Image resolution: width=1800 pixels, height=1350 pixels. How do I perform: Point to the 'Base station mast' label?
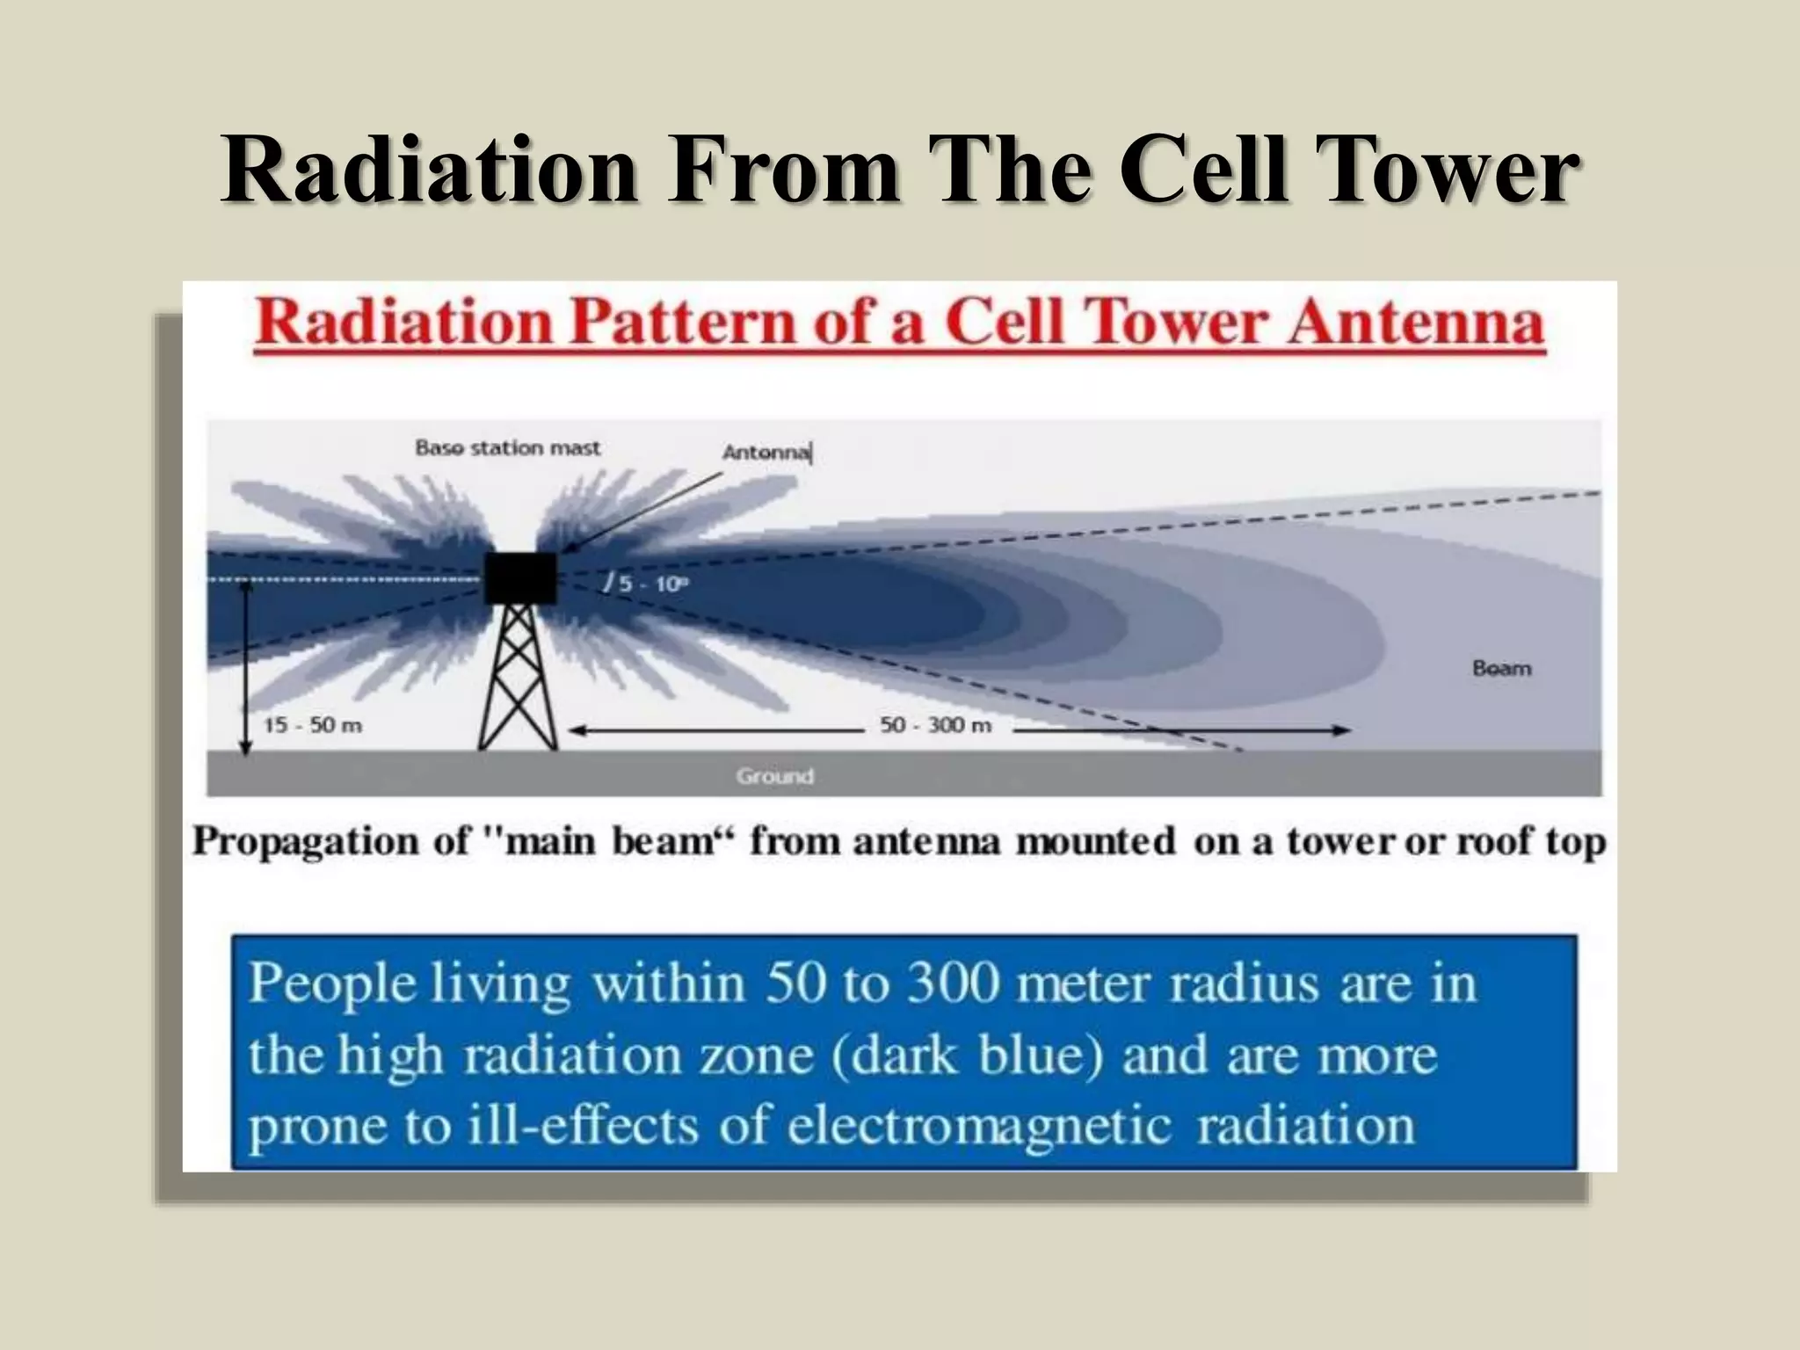(x=507, y=448)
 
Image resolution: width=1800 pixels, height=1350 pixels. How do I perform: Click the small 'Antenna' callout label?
(x=766, y=453)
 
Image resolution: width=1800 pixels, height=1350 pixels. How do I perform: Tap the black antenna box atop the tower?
(x=520, y=577)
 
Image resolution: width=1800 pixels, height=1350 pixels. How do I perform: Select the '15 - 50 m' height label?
(x=313, y=726)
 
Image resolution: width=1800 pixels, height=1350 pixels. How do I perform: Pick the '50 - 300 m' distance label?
(x=935, y=726)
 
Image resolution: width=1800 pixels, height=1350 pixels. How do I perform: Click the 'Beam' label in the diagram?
(x=1501, y=669)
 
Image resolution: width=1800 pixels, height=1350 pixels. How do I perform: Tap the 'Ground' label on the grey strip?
(x=774, y=777)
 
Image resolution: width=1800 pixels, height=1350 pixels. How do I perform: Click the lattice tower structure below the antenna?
(x=518, y=677)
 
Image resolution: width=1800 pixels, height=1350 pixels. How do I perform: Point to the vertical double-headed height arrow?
(x=246, y=668)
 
